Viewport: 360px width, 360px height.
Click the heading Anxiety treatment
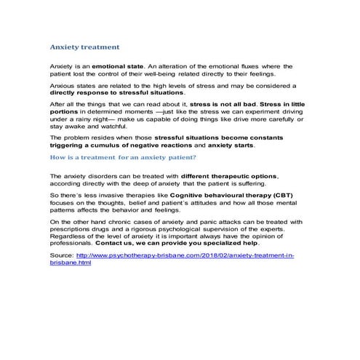click(x=84, y=47)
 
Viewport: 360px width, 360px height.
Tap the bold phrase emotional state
click(x=107, y=66)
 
